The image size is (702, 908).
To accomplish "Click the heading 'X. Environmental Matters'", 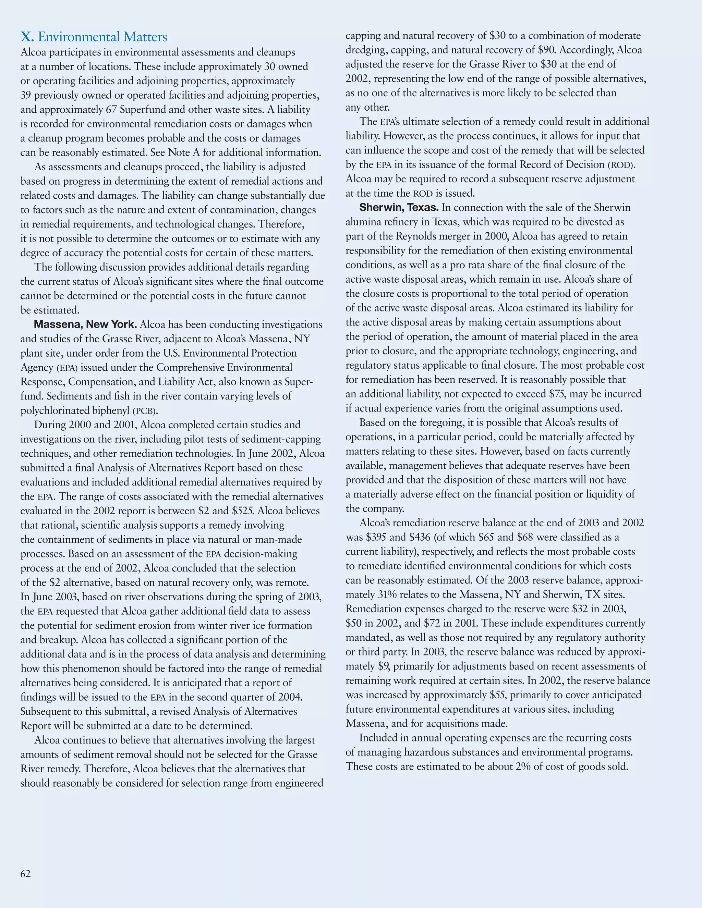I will click(94, 37).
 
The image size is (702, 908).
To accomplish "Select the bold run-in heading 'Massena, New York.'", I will click(85, 324).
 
